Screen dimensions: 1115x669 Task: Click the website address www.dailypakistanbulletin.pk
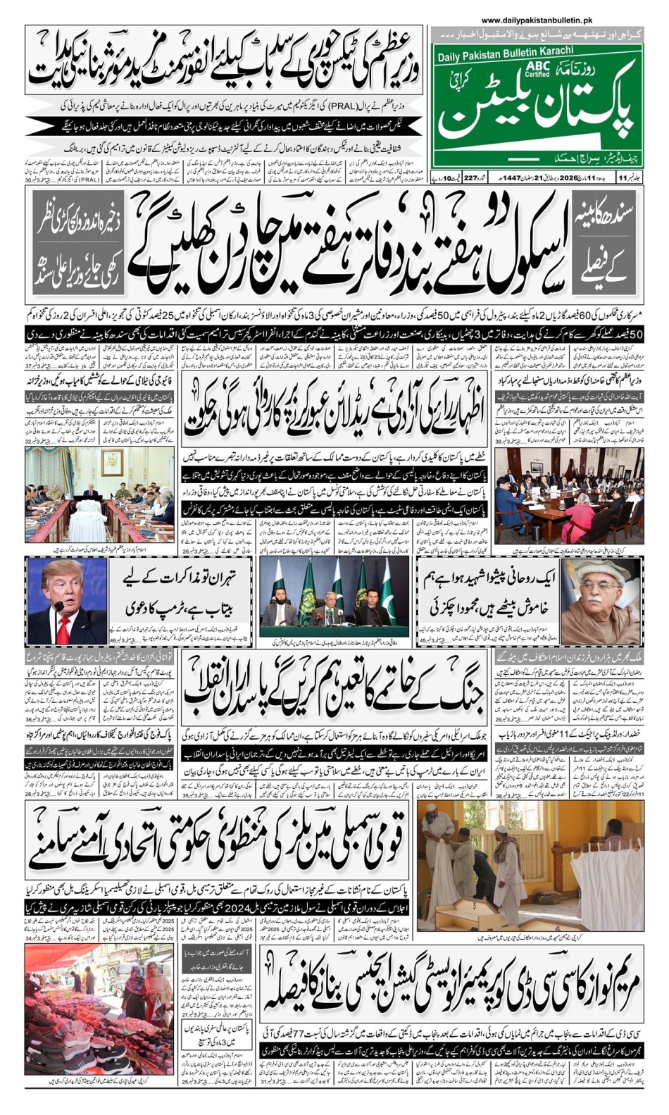tap(537, 22)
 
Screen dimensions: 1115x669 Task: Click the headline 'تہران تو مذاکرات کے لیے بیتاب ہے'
tap(182, 592)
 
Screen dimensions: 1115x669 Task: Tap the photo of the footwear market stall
tap(99, 1009)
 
